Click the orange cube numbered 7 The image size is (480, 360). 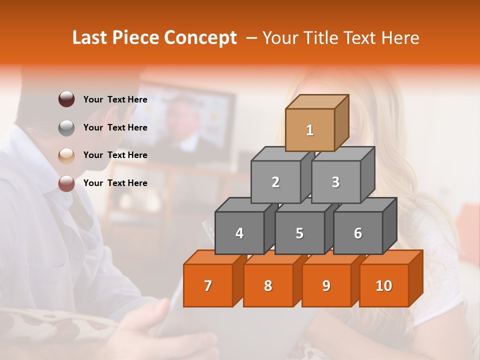pos(208,285)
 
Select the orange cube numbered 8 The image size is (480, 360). pos(268,285)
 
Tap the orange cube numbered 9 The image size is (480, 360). pos(326,285)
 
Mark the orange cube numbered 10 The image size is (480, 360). pos(384,285)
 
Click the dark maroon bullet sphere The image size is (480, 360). pos(66,99)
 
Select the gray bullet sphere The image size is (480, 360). pos(66,127)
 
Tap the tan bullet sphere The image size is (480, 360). pos(66,155)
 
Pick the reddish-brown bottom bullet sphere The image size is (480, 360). pos(66,183)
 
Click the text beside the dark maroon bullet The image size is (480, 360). pos(115,99)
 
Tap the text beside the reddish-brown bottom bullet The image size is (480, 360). pos(115,183)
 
